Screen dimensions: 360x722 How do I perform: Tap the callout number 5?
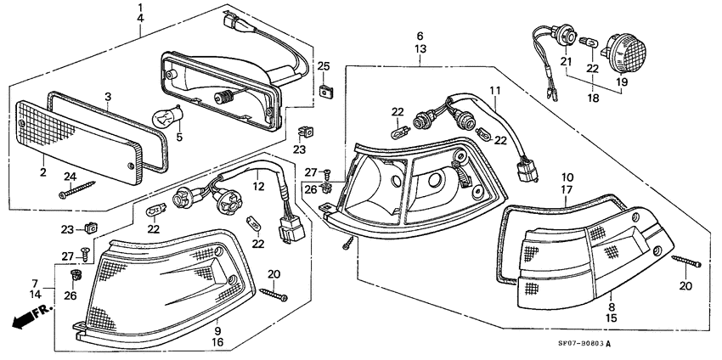coord(178,136)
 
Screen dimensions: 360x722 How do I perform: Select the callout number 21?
coord(565,62)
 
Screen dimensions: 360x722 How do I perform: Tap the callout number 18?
coord(593,98)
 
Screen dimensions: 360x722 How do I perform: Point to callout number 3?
coord(107,97)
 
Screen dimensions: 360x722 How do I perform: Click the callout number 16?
coord(217,342)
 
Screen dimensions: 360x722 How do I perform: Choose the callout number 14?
coord(35,295)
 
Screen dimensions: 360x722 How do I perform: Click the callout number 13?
coord(420,50)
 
